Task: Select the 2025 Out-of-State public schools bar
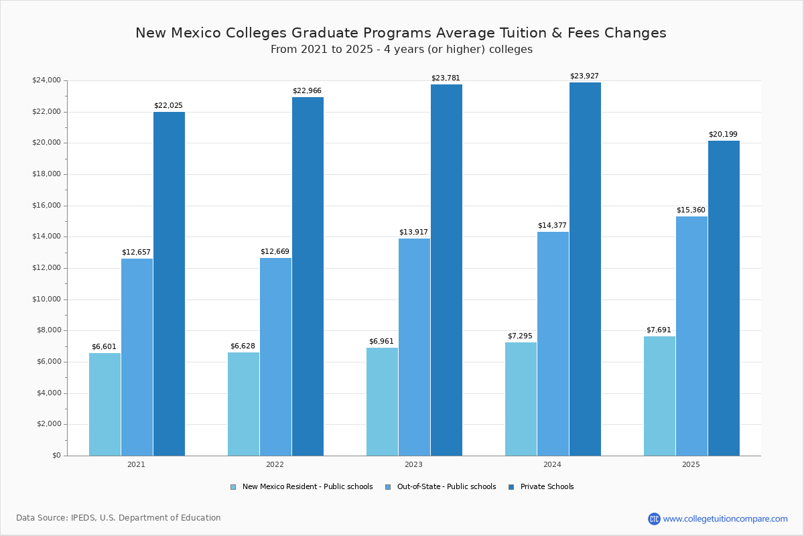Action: [x=691, y=336]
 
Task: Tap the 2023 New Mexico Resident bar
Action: [x=382, y=401]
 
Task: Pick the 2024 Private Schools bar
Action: [x=585, y=269]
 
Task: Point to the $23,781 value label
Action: [x=446, y=78]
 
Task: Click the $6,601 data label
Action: [x=104, y=347]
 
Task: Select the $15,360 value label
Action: [x=691, y=210]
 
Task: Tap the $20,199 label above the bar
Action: [x=723, y=135]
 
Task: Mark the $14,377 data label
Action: [x=552, y=226]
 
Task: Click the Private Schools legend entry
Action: [x=541, y=487]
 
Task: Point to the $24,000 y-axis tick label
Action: [x=46, y=80]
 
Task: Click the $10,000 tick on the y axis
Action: [x=46, y=299]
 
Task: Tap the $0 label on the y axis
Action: [x=56, y=456]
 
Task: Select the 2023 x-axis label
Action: [x=413, y=464]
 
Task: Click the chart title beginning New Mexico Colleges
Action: [x=401, y=33]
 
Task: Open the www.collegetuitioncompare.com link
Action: [x=725, y=519]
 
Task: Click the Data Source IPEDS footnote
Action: [x=119, y=518]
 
